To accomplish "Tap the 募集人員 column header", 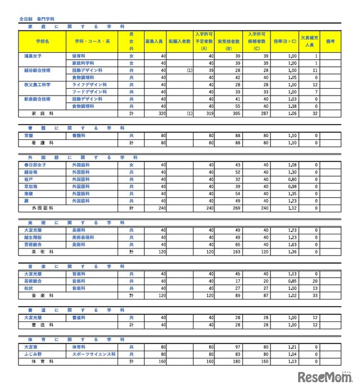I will tap(154, 42).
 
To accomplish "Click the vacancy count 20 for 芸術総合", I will tap(316, 280).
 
